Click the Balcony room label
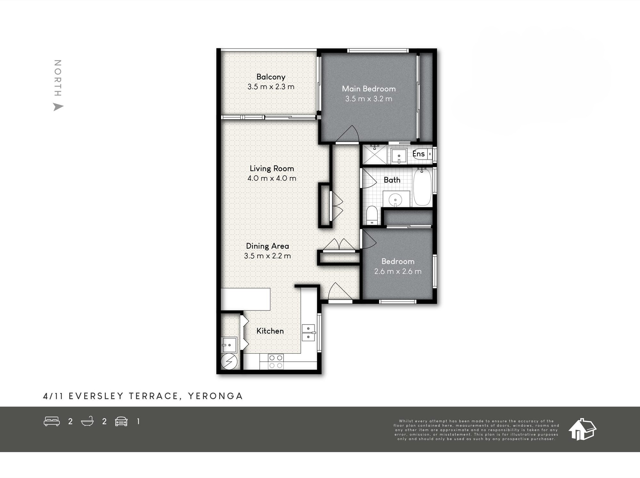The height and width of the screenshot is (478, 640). pos(271,77)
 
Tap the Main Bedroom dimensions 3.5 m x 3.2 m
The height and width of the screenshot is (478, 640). pos(369,99)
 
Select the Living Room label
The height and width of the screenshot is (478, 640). pos(272,168)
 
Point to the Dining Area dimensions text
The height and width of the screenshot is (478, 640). pos(267,256)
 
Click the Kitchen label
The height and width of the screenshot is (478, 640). pos(270,331)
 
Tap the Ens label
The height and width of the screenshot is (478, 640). pos(419,154)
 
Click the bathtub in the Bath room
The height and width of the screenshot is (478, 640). pos(422,187)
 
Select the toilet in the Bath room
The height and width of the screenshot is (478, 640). pos(372,215)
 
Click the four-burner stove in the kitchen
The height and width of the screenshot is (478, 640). pos(276,362)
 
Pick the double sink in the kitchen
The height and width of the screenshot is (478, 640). pos(308,333)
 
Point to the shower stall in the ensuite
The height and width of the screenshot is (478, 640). pos(374,155)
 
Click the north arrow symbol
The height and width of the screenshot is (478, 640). pos(58,107)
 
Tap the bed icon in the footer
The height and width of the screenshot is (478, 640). pos(52,421)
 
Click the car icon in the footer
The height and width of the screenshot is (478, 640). pos(121,421)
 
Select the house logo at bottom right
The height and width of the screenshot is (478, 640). pos(582,429)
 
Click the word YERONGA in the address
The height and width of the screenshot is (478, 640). pos(215,396)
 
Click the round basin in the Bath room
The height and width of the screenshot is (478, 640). pos(395,200)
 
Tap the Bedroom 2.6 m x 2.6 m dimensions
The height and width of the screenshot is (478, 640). pos(398,271)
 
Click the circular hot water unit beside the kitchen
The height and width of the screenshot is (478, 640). pos(229,362)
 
